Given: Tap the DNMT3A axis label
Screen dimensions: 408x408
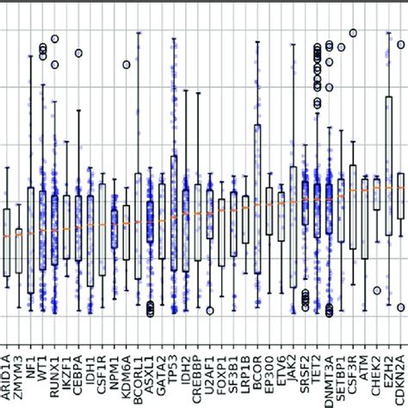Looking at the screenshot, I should tap(317, 374).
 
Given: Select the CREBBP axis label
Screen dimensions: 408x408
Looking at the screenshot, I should tap(197, 374).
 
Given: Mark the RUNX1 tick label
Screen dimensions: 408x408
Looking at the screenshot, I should tap(54, 370).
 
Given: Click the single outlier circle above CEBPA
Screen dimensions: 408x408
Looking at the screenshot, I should tap(78, 53).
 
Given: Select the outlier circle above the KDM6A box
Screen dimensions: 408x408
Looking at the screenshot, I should tap(127, 64).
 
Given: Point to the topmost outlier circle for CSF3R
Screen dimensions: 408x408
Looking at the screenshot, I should tap(352, 34).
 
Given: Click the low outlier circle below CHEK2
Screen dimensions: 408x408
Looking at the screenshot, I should tap(376, 291).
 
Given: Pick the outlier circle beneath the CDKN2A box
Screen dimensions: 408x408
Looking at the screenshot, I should tap(400, 306).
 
